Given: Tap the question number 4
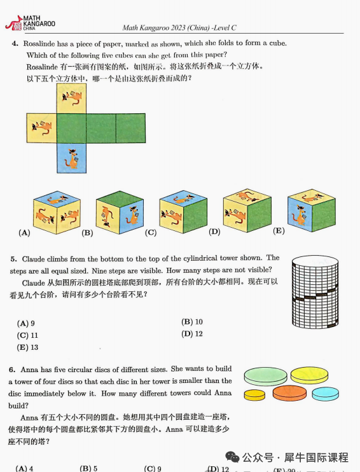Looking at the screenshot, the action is point(14,43).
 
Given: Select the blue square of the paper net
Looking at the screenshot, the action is point(71,158).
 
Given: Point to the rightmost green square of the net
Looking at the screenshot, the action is point(131,127).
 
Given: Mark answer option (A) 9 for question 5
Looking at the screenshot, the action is point(26,323).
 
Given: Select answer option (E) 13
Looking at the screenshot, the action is point(27,347).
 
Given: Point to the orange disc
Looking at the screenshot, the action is point(289,393).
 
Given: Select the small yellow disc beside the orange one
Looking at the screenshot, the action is point(254,395).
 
